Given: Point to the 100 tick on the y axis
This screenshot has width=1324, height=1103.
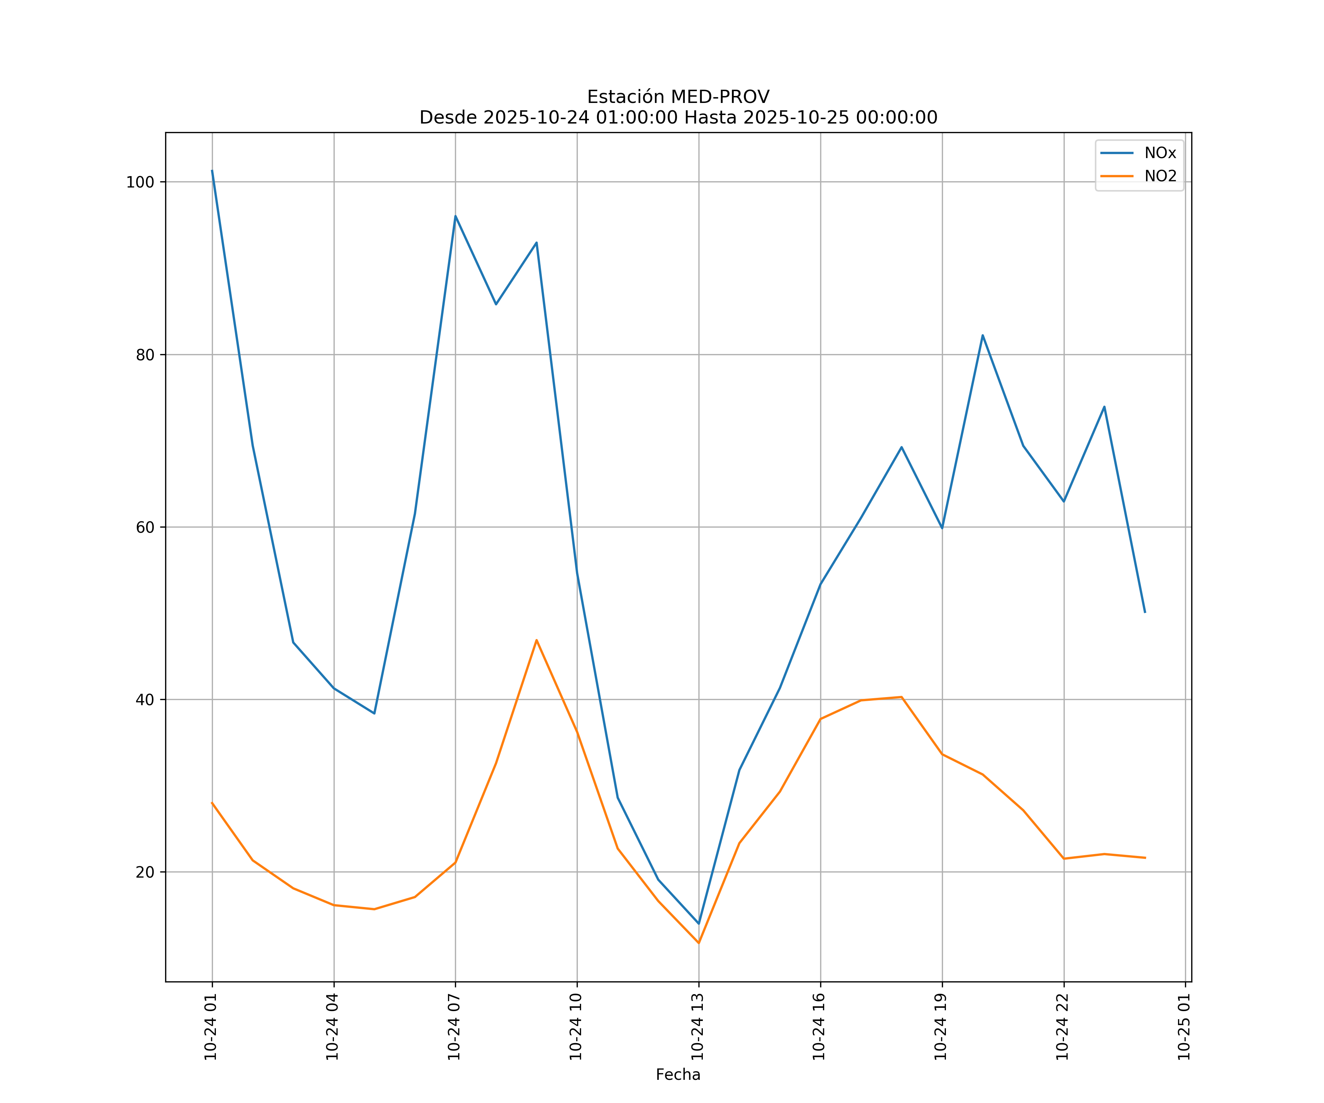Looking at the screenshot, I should coord(140,182).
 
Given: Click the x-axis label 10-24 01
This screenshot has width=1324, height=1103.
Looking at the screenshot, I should coord(211,1027).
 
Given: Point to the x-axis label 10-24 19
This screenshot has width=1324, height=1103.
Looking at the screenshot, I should coord(941,1027).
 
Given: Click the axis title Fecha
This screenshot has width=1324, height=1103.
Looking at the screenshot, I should coord(678,1075).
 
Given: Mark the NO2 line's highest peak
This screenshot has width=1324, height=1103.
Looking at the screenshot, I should coord(537,640).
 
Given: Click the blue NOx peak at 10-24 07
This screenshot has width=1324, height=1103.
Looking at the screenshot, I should coord(455,216).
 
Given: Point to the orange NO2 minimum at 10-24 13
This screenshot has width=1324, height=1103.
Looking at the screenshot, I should coord(698,943).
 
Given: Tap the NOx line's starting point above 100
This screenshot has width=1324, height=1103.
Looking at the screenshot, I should coord(212,170).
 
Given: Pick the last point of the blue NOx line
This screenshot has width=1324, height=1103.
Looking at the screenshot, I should coord(1145,612).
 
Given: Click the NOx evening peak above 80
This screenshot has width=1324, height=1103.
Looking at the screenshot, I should coord(982,335).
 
